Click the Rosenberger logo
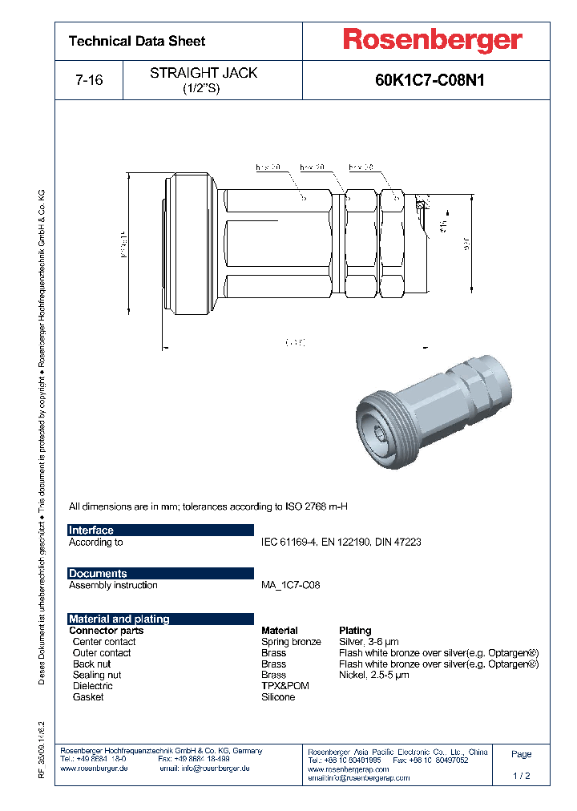(433, 39)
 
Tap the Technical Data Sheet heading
(137, 41)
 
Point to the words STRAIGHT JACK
(204, 73)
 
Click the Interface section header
(91, 531)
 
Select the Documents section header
(98, 574)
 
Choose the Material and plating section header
(119, 619)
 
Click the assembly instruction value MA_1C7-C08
(290, 585)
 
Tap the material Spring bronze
(291, 642)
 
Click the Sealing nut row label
(97, 675)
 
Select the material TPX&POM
(284, 686)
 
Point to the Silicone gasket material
(278, 697)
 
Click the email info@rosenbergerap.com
(358, 777)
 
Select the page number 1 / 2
(521, 776)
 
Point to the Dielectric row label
(93, 686)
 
